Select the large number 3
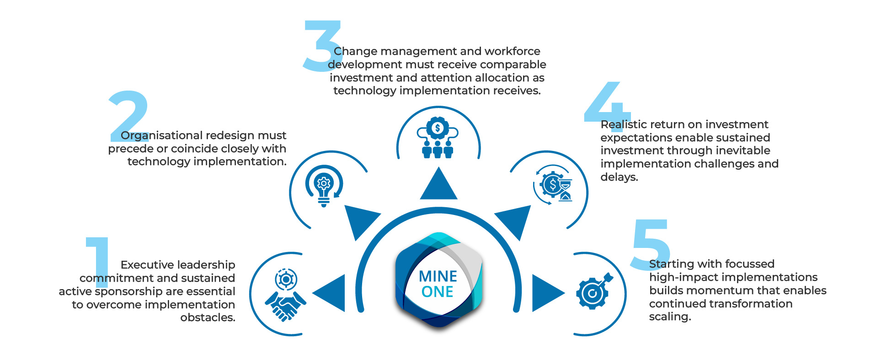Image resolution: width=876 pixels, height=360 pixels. coord(321,46)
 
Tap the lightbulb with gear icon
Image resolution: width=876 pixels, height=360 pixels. coord(324,185)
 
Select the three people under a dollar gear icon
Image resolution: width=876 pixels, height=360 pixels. coord(438,138)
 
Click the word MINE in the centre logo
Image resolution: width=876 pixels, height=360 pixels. coord(438,276)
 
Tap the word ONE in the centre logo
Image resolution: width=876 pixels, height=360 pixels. coord(438,292)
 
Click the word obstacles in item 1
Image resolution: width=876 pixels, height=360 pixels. coord(208,317)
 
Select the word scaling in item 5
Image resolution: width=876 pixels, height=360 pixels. coord(670,317)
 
